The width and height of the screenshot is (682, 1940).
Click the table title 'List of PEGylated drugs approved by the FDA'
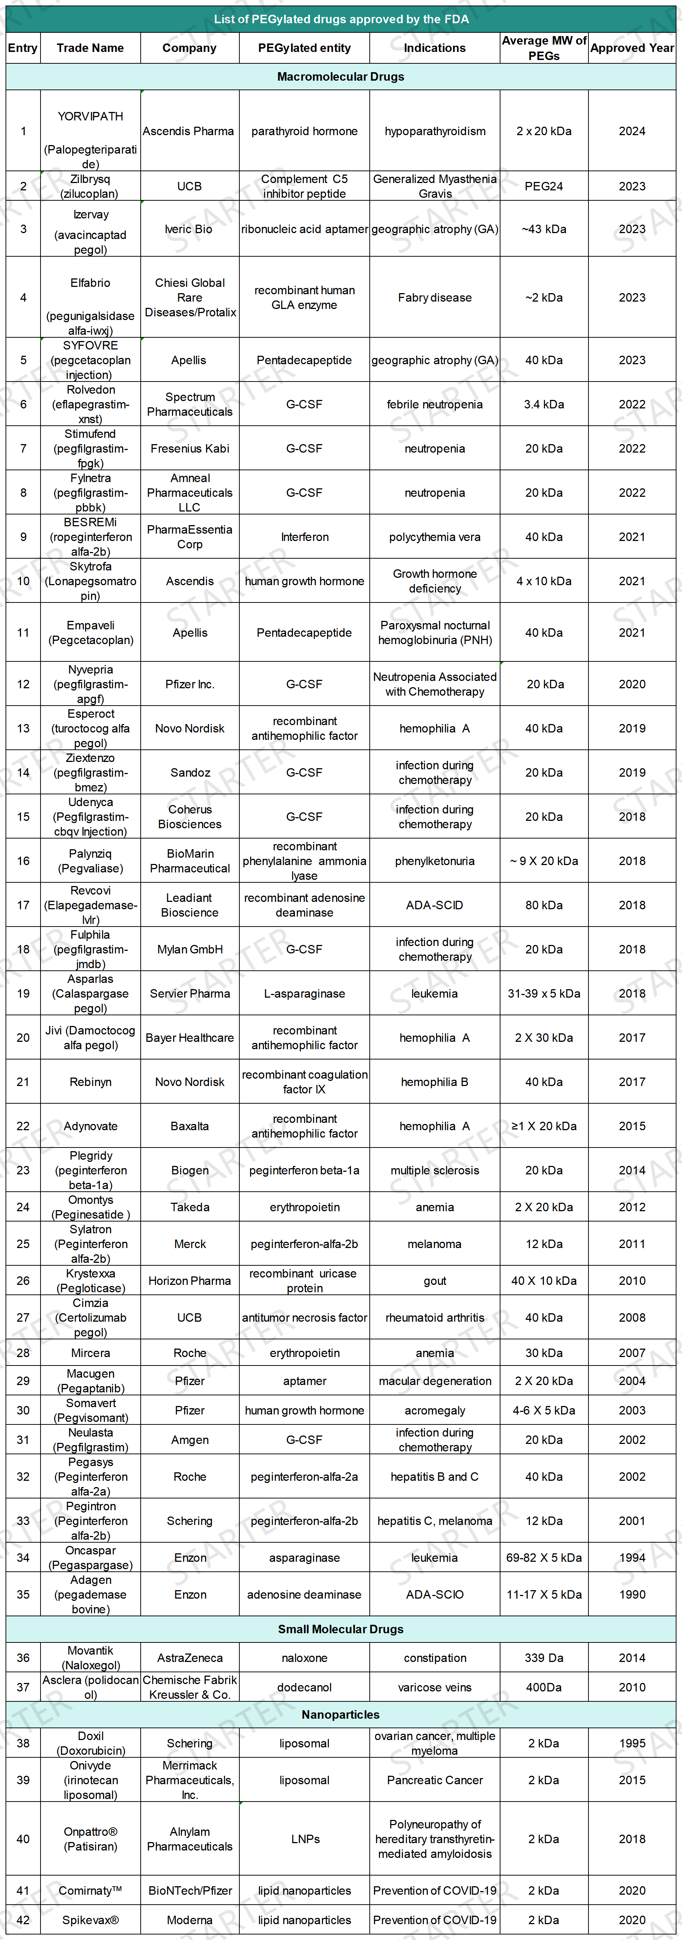click(341, 19)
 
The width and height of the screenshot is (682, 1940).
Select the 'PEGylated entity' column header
click(304, 48)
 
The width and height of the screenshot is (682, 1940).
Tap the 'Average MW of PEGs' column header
click(544, 48)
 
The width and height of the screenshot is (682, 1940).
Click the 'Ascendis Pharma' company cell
click(188, 131)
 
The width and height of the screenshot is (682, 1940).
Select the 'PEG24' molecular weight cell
click(544, 186)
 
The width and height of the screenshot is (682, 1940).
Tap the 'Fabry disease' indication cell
click(434, 298)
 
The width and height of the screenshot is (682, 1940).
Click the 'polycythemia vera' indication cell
click(434, 537)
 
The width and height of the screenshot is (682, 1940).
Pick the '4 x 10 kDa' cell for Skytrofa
click(544, 581)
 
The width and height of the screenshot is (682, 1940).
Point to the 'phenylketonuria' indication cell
click(434, 861)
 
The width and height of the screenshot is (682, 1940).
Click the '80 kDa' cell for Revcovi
click(544, 905)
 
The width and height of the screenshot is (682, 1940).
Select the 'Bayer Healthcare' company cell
click(190, 1038)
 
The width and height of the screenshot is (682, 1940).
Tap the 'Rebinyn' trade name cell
click(90, 1082)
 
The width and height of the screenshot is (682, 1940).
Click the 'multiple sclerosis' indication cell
click(434, 1170)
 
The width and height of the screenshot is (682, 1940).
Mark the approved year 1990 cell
click(632, 1594)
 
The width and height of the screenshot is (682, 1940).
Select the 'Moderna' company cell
click(190, 1920)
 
